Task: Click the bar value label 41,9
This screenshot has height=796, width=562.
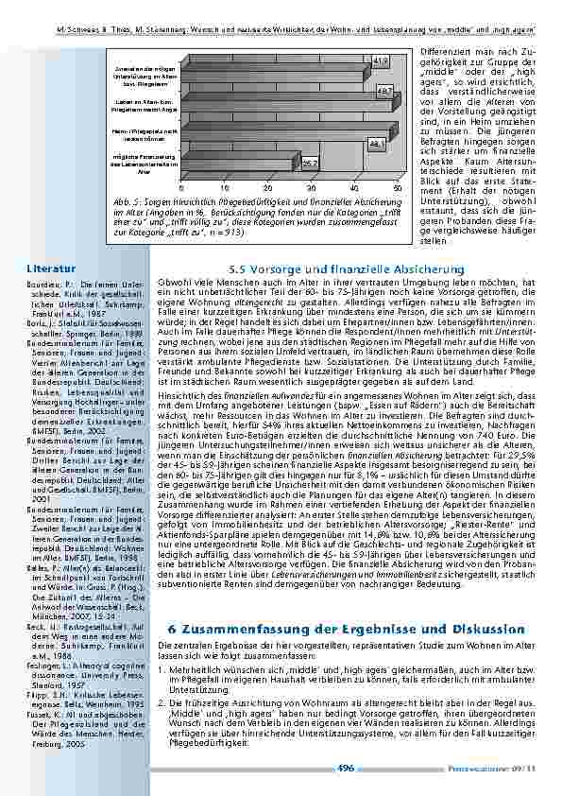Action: pos(381,61)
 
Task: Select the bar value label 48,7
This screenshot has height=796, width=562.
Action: pos(385,90)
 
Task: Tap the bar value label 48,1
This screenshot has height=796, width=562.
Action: pos(378,143)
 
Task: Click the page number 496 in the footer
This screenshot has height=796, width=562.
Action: pos(346,769)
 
